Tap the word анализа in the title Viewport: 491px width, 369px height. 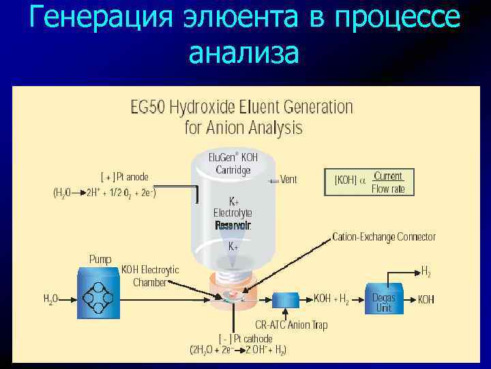pos(244,53)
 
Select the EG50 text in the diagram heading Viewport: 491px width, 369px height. pos(148,107)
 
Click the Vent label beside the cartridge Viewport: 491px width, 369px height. pos(288,180)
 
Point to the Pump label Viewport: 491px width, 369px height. pos(100,259)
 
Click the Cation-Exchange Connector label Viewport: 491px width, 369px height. pos(384,237)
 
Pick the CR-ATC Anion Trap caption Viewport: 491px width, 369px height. pos(291,325)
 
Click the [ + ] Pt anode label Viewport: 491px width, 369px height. pos(124,177)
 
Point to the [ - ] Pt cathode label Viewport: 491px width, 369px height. pos(245,338)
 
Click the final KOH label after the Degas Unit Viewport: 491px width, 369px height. pos(426,299)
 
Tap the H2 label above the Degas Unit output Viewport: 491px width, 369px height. pos(426,271)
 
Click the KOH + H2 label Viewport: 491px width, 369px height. pos(332,299)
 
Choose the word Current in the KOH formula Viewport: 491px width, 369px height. pos(387,176)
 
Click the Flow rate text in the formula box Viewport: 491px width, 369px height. pos(388,189)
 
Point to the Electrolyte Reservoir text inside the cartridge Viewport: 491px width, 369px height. pos(233,219)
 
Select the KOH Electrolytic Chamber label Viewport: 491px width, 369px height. pos(150,275)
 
